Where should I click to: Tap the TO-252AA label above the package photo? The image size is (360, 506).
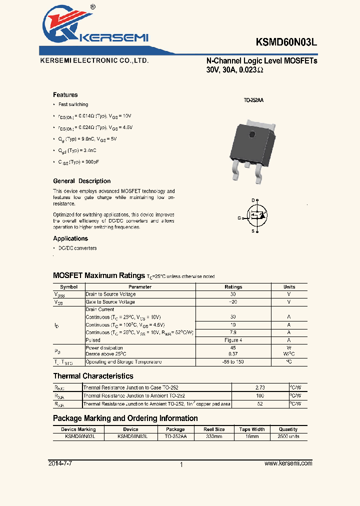tap(253, 100)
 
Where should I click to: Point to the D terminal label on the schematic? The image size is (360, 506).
tap(253, 199)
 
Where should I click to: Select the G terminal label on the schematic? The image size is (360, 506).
tap(239, 217)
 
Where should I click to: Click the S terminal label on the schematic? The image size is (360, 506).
tap(253, 231)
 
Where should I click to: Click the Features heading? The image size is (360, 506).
tap(65, 95)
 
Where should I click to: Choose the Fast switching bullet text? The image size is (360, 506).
tap(73, 104)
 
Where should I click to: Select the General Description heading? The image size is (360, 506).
tap(82, 181)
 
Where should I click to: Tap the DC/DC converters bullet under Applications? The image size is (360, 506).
tap(77, 248)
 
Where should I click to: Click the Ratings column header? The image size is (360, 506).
tap(233, 287)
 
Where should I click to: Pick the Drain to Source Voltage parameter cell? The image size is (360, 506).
tap(110, 294)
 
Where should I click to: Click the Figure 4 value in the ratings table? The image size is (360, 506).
tap(233, 340)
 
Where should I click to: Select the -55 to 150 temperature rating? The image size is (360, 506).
tap(233, 361)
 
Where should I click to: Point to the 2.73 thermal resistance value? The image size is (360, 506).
tap(259, 387)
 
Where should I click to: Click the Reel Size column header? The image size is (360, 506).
tap(214, 429)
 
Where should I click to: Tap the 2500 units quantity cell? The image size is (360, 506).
tap(288, 436)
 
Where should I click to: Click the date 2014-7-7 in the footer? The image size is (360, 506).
tap(60, 463)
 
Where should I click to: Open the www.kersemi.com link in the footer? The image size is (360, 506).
tap(288, 463)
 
